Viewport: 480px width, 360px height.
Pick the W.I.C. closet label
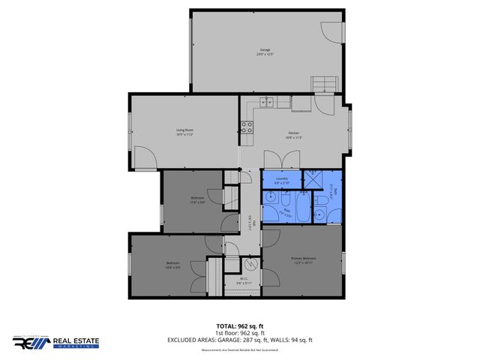(x=244, y=281)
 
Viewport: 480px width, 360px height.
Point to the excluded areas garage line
(x=240, y=340)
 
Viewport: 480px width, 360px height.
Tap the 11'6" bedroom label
(x=197, y=199)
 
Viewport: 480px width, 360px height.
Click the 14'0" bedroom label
(x=173, y=265)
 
